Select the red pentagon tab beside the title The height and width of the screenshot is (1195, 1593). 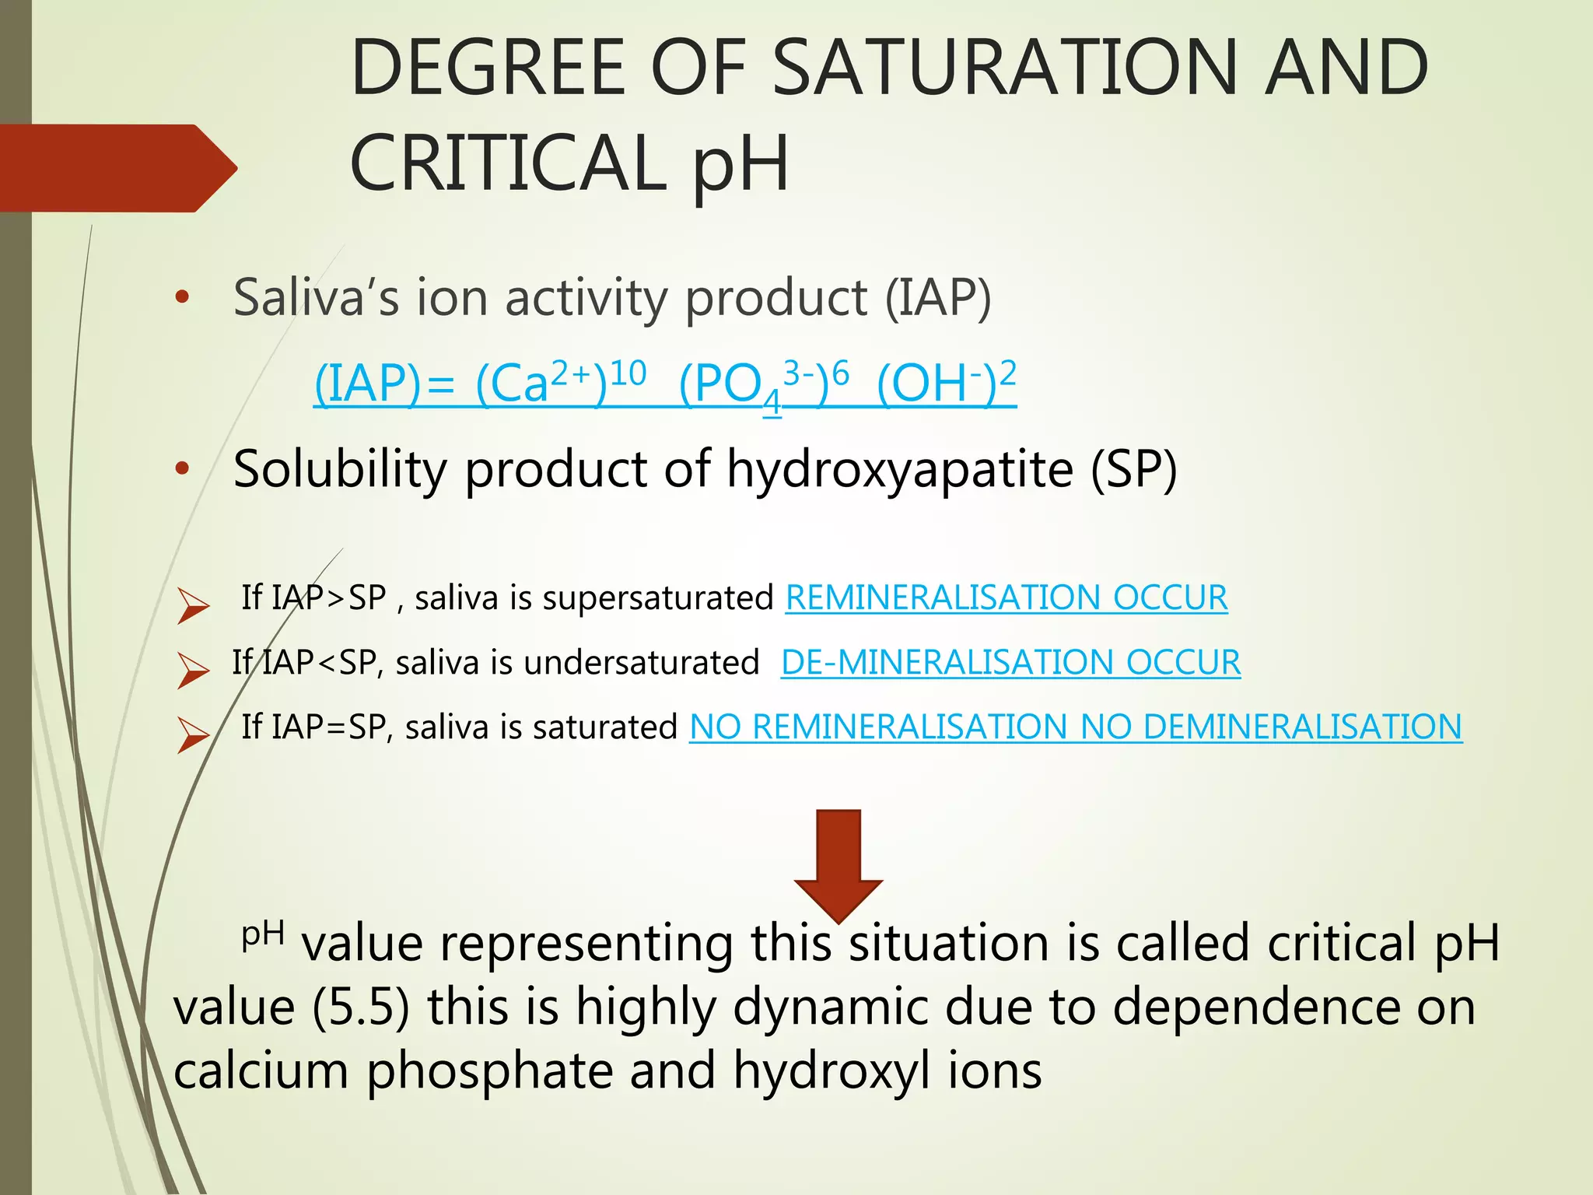tap(117, 168)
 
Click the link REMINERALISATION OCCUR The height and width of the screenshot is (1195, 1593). tap(1007, 597)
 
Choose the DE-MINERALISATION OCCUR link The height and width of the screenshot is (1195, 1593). tap(1010, 662)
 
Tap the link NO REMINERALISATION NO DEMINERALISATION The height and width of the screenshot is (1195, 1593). tap(1075, 727)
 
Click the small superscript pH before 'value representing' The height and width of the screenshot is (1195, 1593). tap(263, 934)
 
